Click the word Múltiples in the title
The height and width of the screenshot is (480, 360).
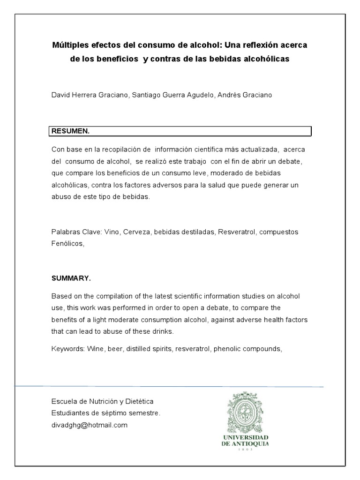coord(67,46)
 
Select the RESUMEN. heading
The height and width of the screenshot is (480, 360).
coord(70,131)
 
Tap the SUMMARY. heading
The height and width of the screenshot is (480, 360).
coord(71,278)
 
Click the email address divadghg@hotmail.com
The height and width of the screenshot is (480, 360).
coord(89,425)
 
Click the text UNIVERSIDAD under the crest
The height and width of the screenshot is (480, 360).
coord(245,437)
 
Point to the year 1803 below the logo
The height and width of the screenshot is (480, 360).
coord(245,449)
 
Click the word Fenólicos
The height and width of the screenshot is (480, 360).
coord(67,243)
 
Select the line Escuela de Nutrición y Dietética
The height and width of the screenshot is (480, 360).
coord(102,402)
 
